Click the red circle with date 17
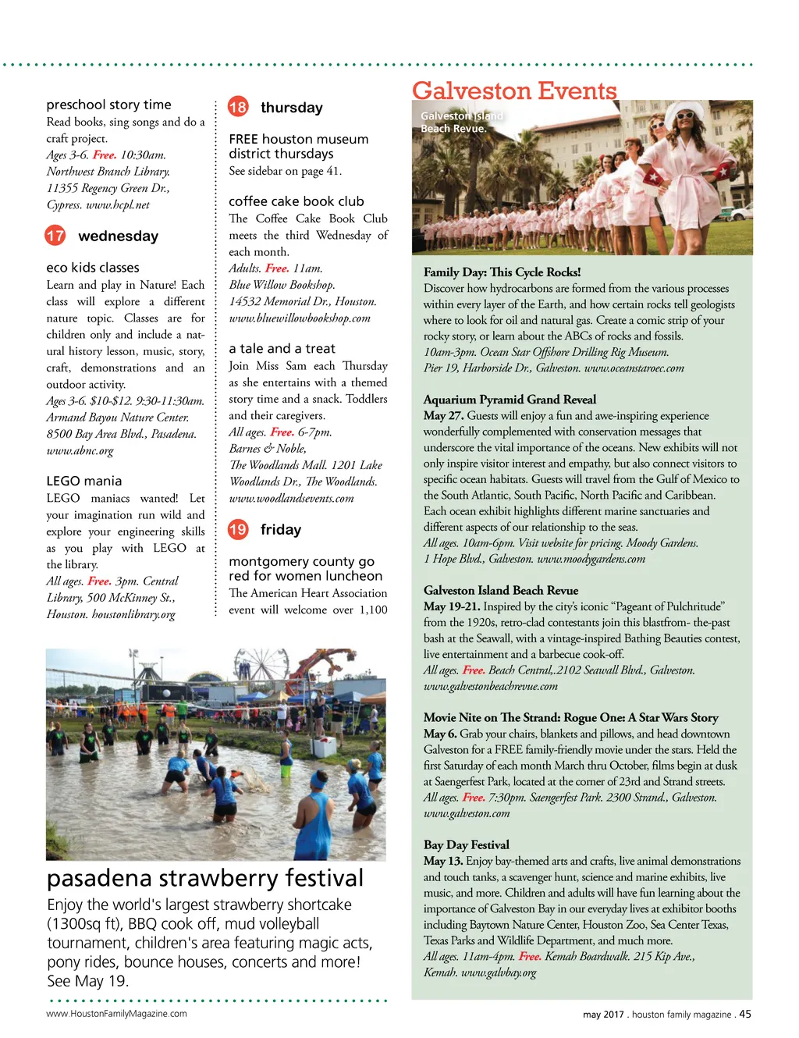[55, 236]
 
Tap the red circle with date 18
[238, 107]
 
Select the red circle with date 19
[238, 530]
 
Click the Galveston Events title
[514, 91]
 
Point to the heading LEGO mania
[84, 481]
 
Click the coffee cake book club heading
[297, 201]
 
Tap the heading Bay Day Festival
[466, 844]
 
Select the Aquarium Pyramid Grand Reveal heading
[510, 400]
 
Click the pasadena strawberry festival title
[205, 879]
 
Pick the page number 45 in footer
[745, 1014]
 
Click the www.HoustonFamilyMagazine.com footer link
[116, 1014]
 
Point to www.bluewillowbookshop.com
[300, 318]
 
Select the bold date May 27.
[443, 416]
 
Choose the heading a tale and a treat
[282, 349]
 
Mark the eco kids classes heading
[93, 268]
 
